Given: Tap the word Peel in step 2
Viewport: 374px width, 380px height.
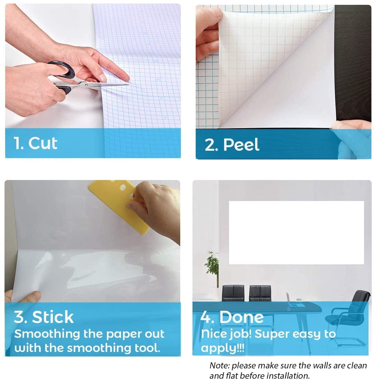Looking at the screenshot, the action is [x=241, y=145].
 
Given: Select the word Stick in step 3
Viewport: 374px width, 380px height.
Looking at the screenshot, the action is [x=53, y=317].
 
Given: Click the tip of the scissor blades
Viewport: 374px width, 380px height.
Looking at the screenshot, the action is [x=128, y=85].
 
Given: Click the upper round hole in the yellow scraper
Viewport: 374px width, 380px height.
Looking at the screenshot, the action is [x=123, y=187].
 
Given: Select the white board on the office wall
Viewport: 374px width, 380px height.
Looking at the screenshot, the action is [x=296, y=233].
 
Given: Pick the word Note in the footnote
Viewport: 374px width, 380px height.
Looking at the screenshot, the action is [x=219, y=366].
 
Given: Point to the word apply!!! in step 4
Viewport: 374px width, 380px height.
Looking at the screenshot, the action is [x=223, y=348].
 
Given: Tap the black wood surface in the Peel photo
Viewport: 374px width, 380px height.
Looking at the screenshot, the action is [x=353, y=63].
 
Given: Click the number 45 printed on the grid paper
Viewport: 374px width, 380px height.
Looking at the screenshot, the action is [x=158, y=80].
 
